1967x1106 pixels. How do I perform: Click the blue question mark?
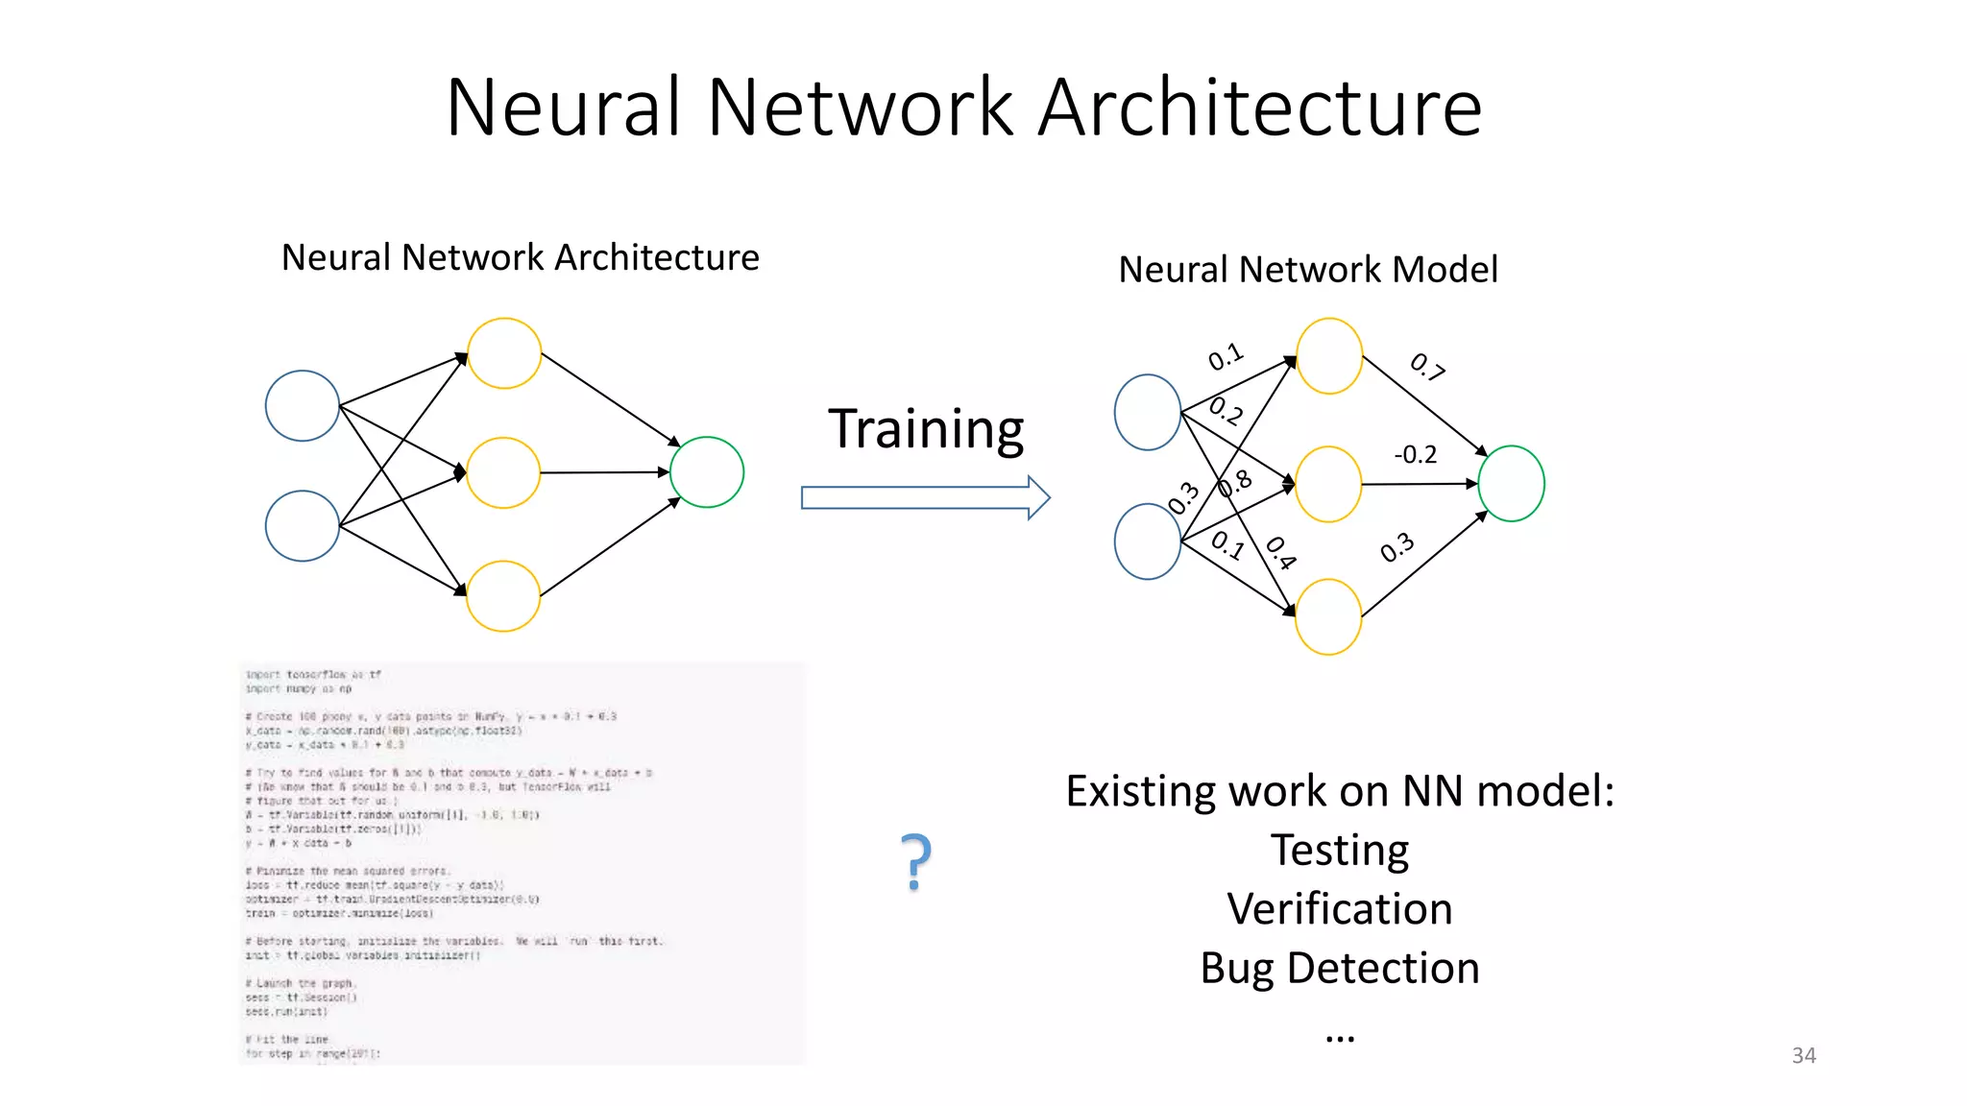tap(916, 861)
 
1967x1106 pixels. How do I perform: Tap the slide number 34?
tap(1803, 1055)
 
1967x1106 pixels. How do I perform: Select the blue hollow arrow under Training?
tap(925, 497)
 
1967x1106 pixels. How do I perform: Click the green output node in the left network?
tap(707, 472)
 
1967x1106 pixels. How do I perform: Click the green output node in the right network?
tap(1511, 484)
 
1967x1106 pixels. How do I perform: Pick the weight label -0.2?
tap(1415, 454)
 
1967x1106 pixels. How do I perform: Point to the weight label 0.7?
tap(1427, 367)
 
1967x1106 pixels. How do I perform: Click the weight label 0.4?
tap(1281, 553)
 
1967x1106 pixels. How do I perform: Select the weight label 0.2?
tap(1226, 411)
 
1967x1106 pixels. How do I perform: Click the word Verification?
tap(1339, 908)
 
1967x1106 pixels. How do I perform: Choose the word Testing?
tap(1339, 851)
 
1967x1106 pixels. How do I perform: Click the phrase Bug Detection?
tap(1339, 968)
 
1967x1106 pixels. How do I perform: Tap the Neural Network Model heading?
tap(1307, 269)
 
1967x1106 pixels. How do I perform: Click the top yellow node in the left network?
tap(504, 353)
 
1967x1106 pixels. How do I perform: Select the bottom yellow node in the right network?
tap(1328, 616)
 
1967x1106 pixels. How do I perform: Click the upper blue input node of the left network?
tap(303, 406)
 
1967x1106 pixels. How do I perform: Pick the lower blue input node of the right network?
tap(1148, 541)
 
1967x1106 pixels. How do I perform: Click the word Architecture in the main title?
tap(1260, 108)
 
